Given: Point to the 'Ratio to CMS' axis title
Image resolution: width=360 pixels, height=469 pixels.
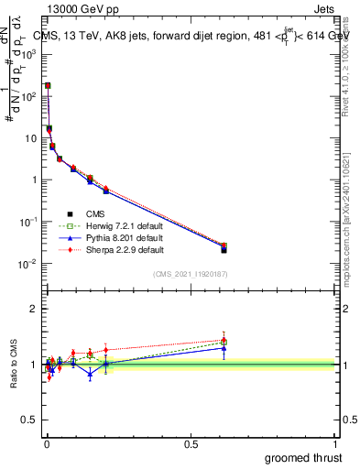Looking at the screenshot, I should point(13,363).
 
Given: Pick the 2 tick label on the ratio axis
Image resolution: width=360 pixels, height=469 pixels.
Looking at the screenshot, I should point(36,309).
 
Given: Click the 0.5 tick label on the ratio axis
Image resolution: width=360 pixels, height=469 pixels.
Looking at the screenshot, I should point(32,420).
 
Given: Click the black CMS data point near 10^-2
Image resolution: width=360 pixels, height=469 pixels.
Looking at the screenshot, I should point(224,249).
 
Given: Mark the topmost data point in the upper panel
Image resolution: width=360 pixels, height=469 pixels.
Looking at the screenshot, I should point(48,85).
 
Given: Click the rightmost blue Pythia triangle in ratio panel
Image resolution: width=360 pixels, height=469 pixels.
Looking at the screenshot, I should point(224,348).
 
